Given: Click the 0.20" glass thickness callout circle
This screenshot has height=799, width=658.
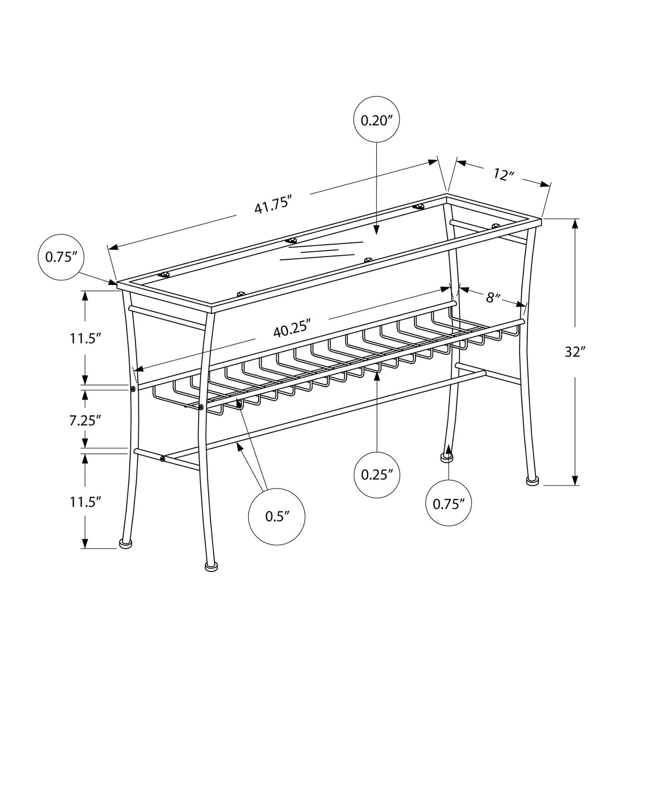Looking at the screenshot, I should pyautogui.click(x=376, y=120).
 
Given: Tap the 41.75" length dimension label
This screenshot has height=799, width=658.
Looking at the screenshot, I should pyautogui.click(x=273, y=206).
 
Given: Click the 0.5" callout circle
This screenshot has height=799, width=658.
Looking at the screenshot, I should pyautogui.click(x=276, y=516).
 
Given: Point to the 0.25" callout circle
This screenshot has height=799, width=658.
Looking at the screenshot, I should pyautogui.click(x=377, y=474).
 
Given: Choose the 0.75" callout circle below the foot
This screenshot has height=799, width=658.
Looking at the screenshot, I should pyautogui.click(x=449, y=503).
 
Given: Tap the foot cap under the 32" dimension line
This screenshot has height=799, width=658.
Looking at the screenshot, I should pyautogui.click(x=530, y=481).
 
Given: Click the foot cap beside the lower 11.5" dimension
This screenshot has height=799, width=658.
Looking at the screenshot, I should pyautogui.click(x=126, y=543).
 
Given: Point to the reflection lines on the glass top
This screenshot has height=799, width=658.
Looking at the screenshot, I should pyautogui.click(x=321, y=251).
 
